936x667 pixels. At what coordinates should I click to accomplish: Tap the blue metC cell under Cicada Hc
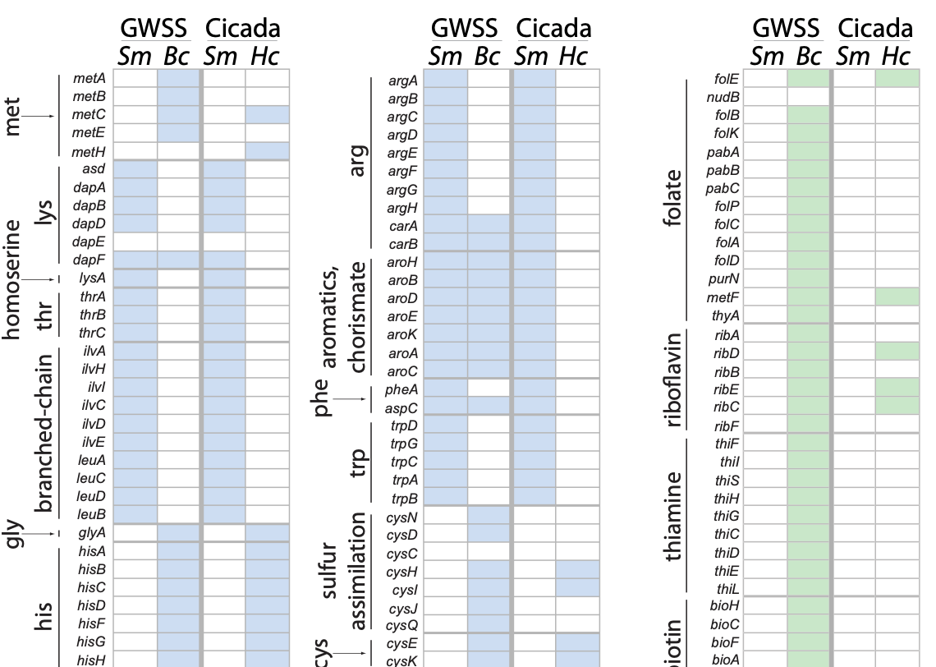(267, 114)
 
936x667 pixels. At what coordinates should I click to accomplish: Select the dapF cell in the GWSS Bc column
(179, 260)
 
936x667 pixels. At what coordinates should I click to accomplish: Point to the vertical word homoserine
(11, 279)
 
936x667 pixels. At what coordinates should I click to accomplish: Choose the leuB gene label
(91, 514)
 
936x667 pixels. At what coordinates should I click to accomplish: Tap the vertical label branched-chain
(45, 433)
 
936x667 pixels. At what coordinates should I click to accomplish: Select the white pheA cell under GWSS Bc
(489, 387)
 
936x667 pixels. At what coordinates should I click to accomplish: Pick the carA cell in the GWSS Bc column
(489, 225)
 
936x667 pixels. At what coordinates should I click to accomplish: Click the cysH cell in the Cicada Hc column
(577, 571)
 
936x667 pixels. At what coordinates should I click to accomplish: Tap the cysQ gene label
(402, 625)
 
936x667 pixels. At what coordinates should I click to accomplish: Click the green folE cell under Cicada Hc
(897, 79)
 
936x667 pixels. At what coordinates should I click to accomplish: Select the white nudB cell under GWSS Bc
(809, 97)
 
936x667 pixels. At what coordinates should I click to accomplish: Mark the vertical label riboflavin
(674, 379)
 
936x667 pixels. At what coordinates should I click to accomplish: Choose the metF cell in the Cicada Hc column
(897, 297)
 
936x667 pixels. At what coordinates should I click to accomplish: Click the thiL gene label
(728, 588)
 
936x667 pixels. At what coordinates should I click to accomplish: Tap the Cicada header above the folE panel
(875, 29)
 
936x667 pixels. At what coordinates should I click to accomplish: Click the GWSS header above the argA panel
(466, 29)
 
